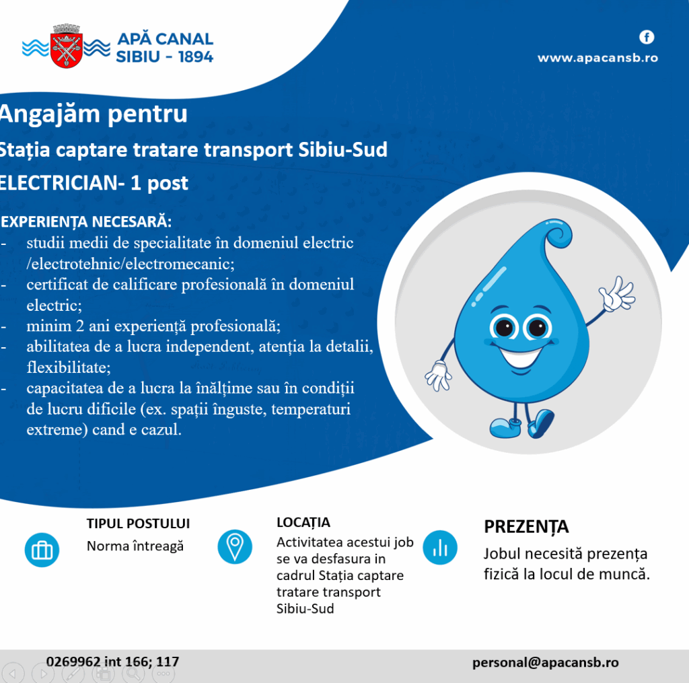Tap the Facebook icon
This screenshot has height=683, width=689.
[647, 38]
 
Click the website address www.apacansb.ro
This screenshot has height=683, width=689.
[597, 58]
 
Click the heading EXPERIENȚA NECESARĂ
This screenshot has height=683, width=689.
[86, 221]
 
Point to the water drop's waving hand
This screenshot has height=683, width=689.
[618, 293]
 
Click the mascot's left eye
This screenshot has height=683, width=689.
[504, 327]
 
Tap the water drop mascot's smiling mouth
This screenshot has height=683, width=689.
[521, 357]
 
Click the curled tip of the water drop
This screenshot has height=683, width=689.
[558, 233]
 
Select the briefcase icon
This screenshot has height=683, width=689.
[42, 550]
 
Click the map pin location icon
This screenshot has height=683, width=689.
[235, 547]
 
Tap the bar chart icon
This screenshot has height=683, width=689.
[440, 548]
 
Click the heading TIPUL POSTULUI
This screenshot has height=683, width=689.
[138, 524]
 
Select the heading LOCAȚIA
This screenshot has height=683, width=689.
[303, 523]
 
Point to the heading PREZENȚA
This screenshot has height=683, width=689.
[526, 526]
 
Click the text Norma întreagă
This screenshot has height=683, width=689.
[135, 546]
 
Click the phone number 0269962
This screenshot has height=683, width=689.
[73, 661]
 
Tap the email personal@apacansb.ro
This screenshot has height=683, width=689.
[545, 663]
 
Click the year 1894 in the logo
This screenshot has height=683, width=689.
[196, 57]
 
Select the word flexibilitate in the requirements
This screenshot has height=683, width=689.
[69, 367]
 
